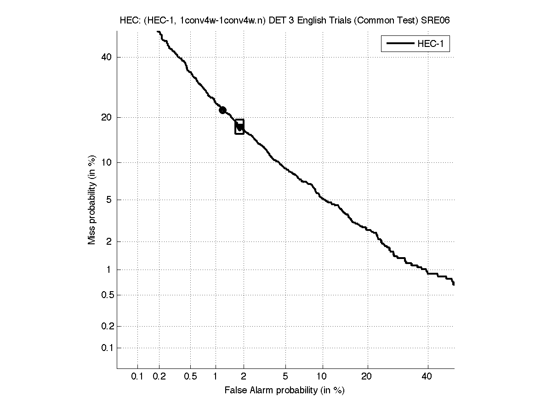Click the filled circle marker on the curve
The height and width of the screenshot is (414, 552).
pos(222,110)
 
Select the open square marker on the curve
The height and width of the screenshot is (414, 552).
pos(239,126)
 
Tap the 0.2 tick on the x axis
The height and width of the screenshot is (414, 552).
pos(159,377)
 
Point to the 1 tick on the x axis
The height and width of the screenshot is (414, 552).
pos(216,377)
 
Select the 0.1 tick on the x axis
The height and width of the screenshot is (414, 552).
pos(137,377)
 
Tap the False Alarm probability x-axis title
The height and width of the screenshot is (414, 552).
pos(285,391)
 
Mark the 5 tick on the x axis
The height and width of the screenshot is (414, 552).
pos(285,377)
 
